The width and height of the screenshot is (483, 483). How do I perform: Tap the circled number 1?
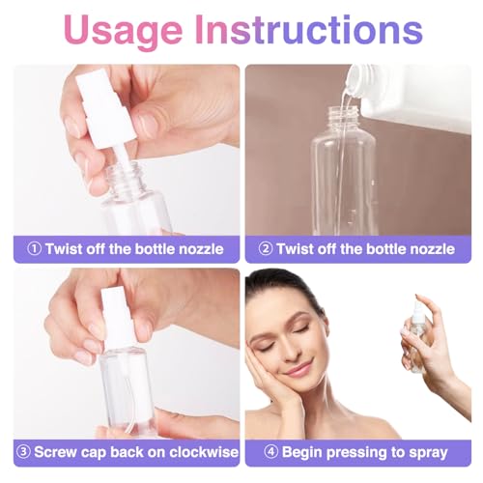(x=34, y=249)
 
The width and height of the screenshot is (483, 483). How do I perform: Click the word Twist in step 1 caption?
(x=66, y=249)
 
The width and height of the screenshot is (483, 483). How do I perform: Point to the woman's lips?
(x=299, y=370)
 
